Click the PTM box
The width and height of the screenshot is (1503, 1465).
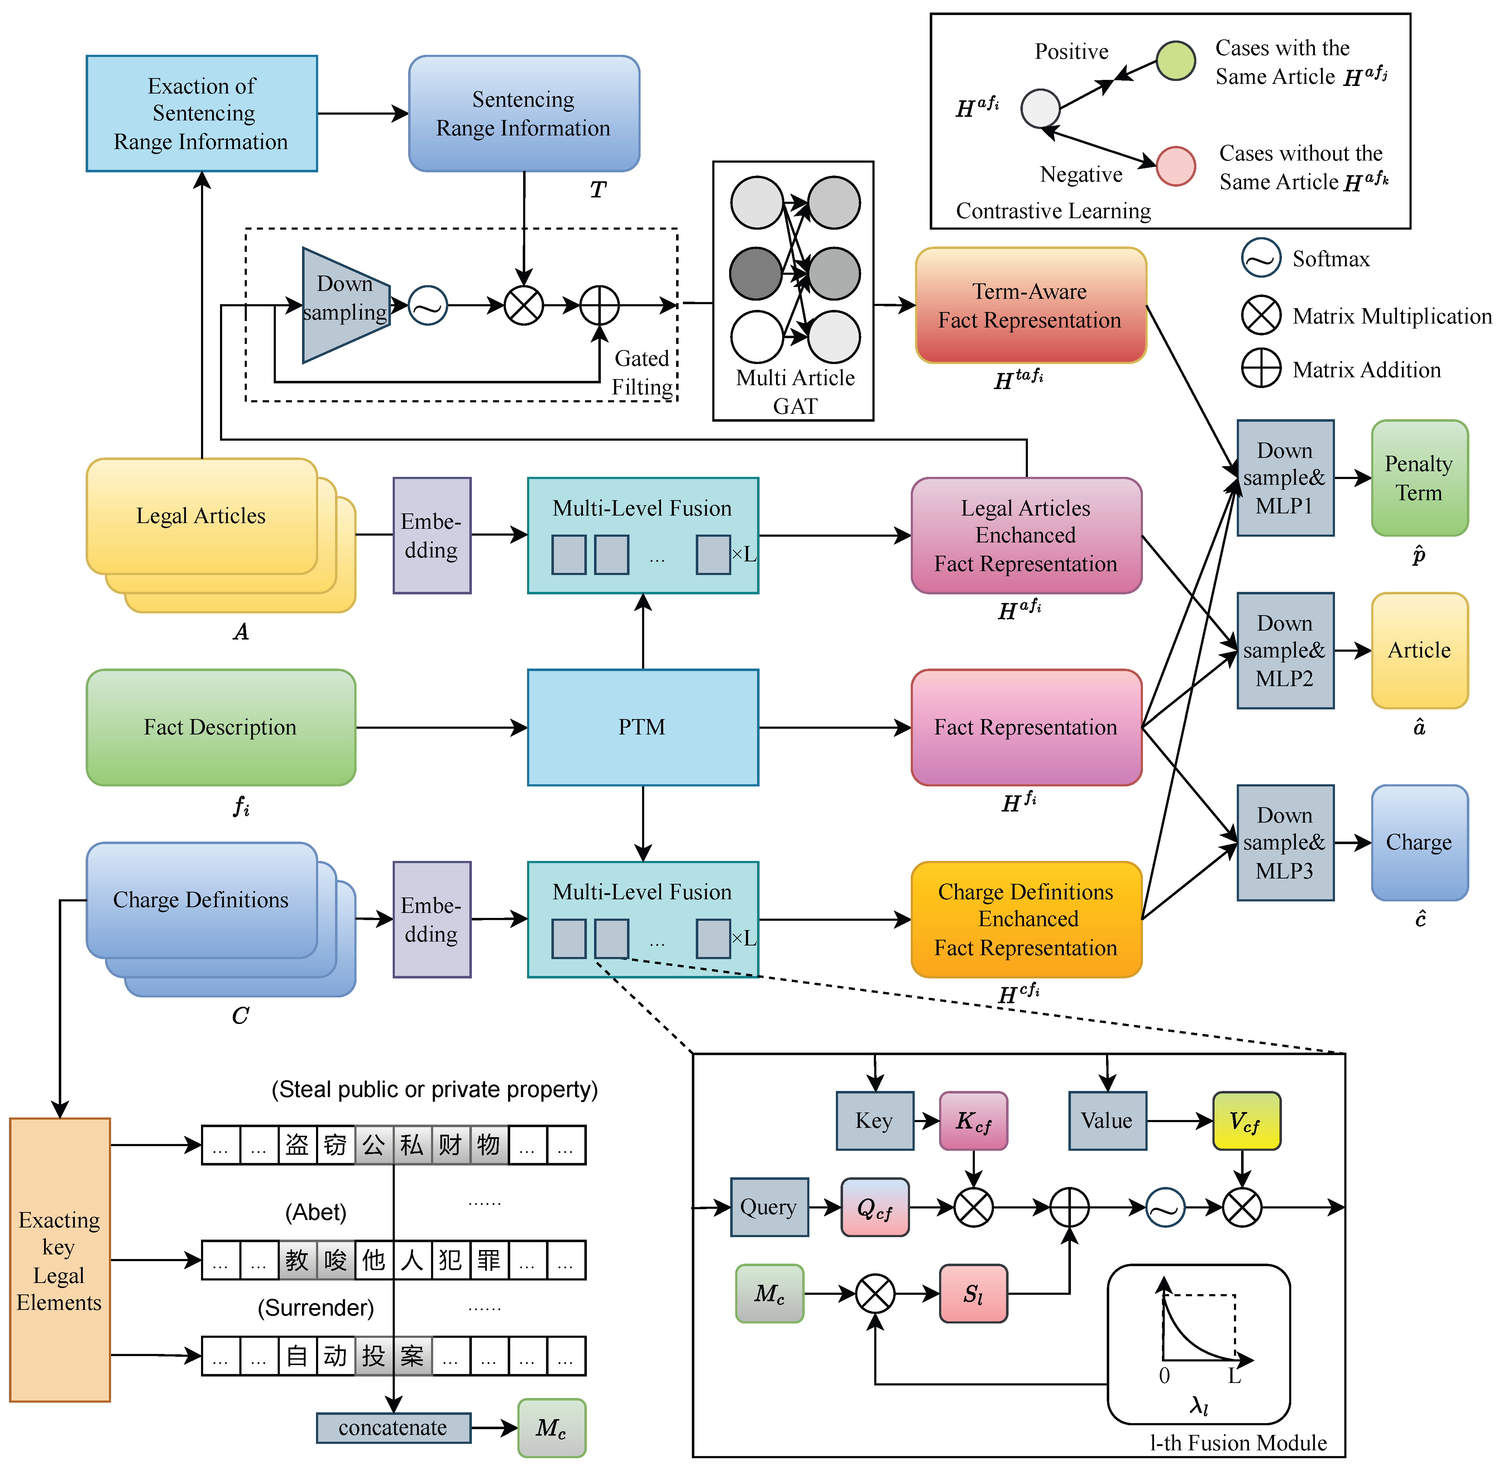pyautogui.click(x=643, y=727)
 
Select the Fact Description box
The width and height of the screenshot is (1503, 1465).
pyautogui.click(x=221, y=727)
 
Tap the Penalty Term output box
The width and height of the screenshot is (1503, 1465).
pyautogui.click(x=1419, y=478)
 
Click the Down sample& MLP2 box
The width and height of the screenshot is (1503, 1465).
pyautogui.click(x=1284, y=650)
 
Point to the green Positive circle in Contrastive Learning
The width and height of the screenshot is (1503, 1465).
pyautogui.click(x=1175, y=61)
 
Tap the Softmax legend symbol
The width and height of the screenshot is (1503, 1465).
pyautogui.click(x=1260, y=259)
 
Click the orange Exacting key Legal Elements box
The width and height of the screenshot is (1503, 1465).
pyautogui.click(x=59, y=1260)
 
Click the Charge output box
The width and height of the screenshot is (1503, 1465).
pyautogui.click(x=1419, y=843)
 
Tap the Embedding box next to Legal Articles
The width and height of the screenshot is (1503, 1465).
pyautogui.click(x=432, y=536)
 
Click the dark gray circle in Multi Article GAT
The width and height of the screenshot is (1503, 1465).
pyautogui.click(x=756, y=273)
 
